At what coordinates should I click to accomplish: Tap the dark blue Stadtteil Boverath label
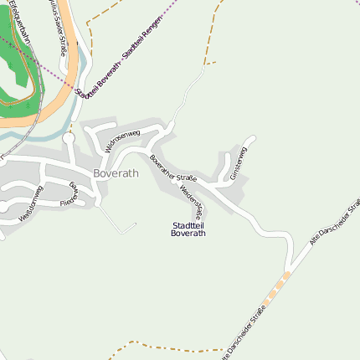click(x=188, y=229)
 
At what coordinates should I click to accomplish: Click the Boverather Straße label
click(x=173, y=167)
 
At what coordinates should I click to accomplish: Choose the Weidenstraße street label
click(x=192, y=200)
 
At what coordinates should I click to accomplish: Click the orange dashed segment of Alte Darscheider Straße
click(x=277, y=285)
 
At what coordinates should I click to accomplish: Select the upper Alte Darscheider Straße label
click(x=334, y=222)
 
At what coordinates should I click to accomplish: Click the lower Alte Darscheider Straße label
click(x=243, y=334)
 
